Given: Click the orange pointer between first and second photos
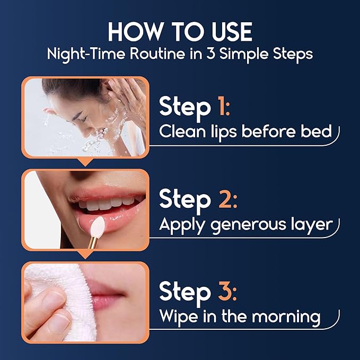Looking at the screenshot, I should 84,161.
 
